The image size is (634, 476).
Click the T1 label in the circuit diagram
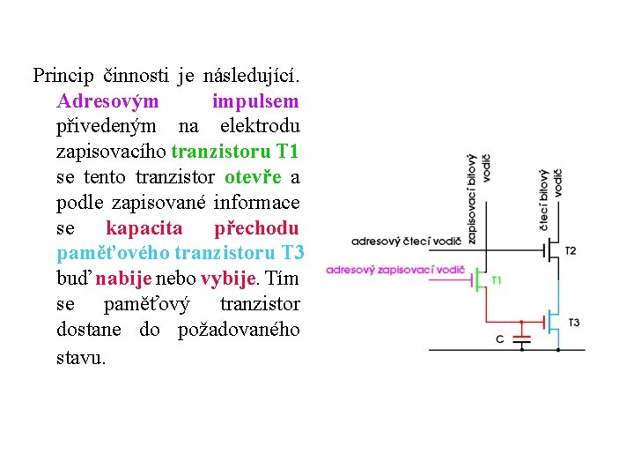[x=497, y=280]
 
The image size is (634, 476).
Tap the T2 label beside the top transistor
[x=571, y=250]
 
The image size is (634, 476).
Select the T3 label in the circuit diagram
[x=573, y=323]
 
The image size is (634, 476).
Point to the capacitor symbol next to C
[x=522, y=336]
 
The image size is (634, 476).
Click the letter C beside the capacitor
[x=499, y=338]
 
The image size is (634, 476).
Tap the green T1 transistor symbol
[x=478, y=280]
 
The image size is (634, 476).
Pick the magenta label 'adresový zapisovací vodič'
[x=395, y=269]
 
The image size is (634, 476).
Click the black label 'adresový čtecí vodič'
[x=408, y=241]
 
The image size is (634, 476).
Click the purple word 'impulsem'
[x=255, y=100]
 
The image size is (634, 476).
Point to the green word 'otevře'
[x=253, y=176]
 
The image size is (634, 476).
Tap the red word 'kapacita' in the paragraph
[x=144, y=228]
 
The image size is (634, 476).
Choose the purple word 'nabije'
[x=124, y=279]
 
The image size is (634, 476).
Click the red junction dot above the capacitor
[x=522, y=322]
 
